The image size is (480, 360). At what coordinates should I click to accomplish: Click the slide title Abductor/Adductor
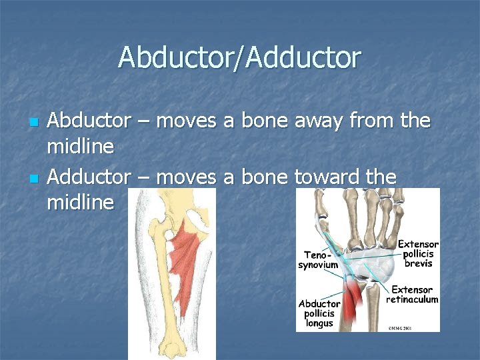[x=239, y=58]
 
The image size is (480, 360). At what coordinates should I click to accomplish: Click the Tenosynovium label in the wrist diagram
[x=318, y=259]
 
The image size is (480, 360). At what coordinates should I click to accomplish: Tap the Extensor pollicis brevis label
[x=418, y=254]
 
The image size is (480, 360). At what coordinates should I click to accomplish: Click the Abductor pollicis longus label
[x=319, y=313]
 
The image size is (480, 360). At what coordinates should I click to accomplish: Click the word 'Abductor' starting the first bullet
[x=89, y=122]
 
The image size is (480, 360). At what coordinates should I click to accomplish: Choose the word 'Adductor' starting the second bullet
[x=89, y=178]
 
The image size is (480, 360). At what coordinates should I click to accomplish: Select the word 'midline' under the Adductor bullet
[x=81, y=202]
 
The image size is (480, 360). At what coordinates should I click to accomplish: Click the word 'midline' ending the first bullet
[x=81, y=146]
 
